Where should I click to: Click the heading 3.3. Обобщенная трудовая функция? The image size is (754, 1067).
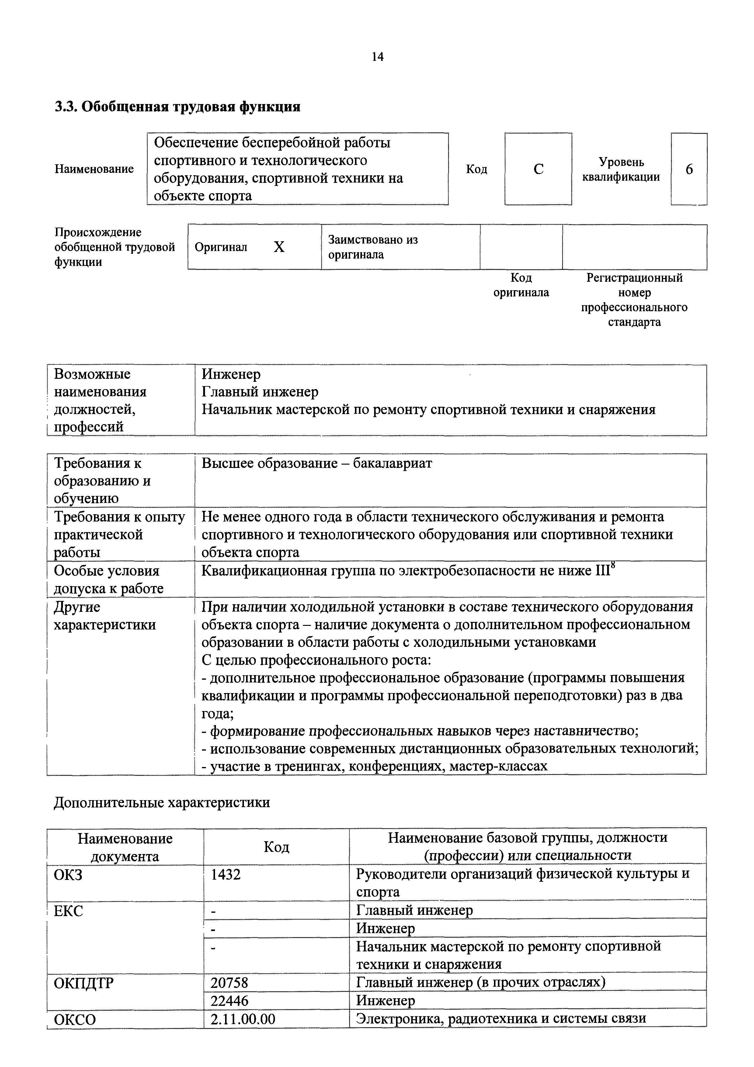(177, 107)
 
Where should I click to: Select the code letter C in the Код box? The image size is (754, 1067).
(538, 169)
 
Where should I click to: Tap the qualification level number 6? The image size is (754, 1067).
(689, 169)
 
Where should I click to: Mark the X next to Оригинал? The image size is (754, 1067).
(279, 247)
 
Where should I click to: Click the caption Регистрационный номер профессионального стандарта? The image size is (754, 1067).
(634, 300)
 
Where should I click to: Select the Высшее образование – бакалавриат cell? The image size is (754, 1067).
(317, 463)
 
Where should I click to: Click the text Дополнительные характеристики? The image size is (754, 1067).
(162, 803)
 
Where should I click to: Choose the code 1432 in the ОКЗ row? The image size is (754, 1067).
(226, 875)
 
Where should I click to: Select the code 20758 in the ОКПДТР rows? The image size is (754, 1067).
(230, 982)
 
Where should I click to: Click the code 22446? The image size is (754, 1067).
(230, 1000)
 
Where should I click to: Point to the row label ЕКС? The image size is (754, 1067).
(68, 911)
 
